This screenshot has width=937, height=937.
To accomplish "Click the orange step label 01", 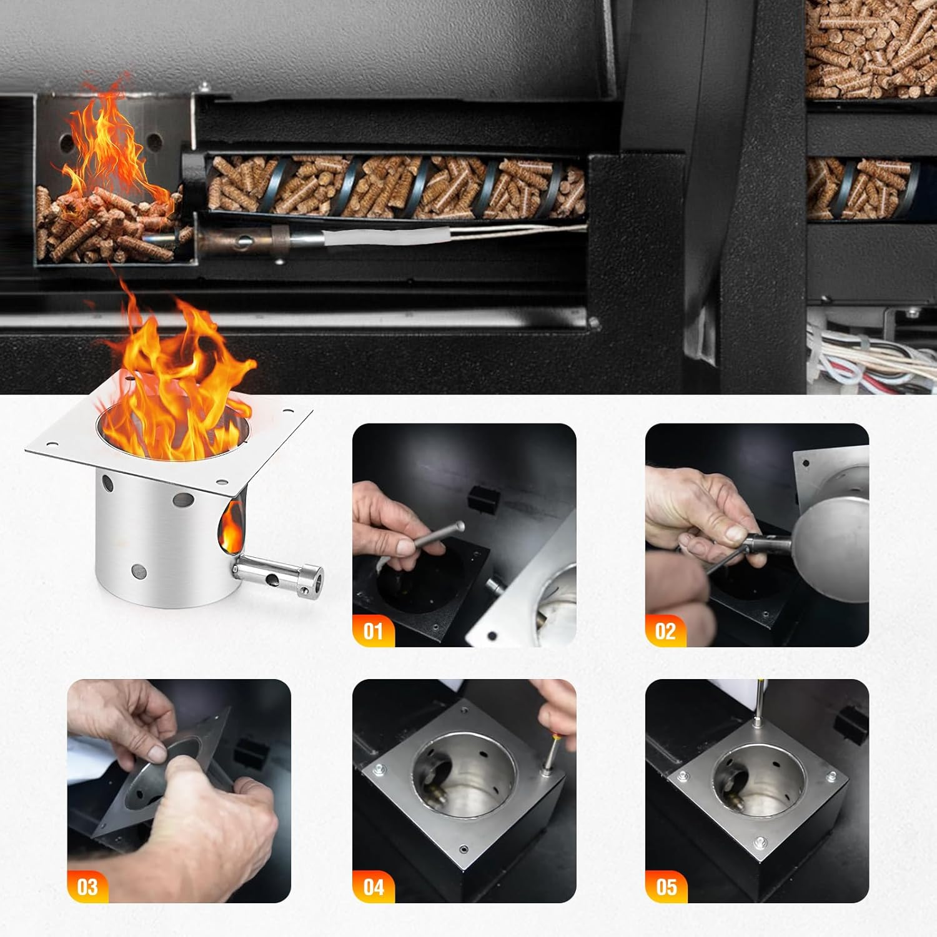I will [373, 631].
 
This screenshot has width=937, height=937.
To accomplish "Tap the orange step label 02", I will [665, 631].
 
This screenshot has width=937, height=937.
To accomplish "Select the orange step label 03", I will [87, 886].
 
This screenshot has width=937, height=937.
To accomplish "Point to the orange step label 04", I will [373, 886].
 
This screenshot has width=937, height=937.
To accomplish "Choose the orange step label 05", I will [666, 886].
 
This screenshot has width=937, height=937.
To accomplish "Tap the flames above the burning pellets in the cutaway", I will [106, 144].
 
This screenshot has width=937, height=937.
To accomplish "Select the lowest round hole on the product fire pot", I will [139, 570].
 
